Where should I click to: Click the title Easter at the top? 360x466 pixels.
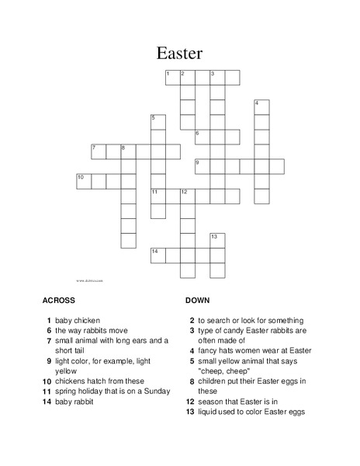click(x=179, y=53)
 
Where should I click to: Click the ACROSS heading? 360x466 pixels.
click(x=59, y=299)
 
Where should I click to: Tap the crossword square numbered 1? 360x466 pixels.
click(x=172, y=78)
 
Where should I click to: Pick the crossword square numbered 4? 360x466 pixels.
click(x=261, y=107)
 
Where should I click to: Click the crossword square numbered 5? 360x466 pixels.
click(x=157, y=122)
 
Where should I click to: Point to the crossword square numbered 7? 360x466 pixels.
click(x=99, y=151)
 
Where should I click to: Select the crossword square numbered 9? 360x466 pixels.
click(x=202, y=166)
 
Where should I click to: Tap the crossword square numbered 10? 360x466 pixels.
click(x=84, y=181)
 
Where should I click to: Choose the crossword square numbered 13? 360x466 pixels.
click(x=217, y=240)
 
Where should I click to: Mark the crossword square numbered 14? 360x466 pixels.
click(x=157, y=255)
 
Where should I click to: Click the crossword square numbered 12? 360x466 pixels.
click(x=187, y=196)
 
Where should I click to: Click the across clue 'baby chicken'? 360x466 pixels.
click(x=78, y=320)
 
